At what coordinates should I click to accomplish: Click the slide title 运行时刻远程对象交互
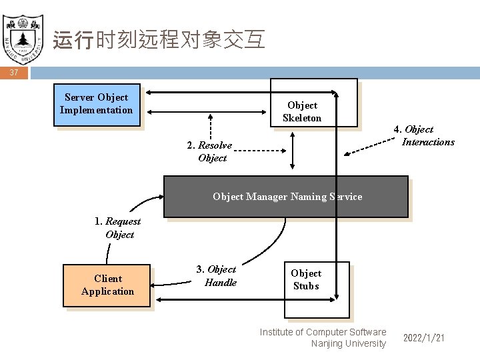click(x=159, y=40)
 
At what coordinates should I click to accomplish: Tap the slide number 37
click(x=14, y=72)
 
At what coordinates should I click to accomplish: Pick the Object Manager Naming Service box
click(x=286, y=197)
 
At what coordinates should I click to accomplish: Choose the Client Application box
click(x=107, y=285)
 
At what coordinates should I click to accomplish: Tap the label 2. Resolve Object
click(x=210, y=152)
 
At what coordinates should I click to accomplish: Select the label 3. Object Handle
click(x=217, y=276)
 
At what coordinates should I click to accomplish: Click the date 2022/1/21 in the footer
click(x=424, y=339)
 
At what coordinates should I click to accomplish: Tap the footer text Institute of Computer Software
click(x=323, y=332)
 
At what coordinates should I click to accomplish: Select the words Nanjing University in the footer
click(x=348, y=343)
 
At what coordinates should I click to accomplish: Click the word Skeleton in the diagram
click(x=302, y=118)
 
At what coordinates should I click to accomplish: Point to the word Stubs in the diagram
click(x=306, y=286)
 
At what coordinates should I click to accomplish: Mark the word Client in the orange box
click(x=108, y=279)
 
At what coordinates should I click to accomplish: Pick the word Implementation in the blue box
click(x=97, y=110)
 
